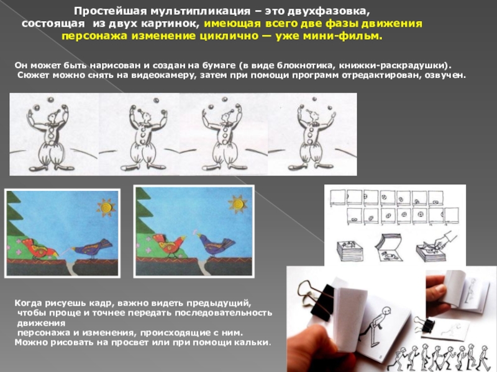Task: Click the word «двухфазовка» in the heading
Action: click(x=329, y=11)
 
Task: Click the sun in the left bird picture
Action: click(x=106, y=208)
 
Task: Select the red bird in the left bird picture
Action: click(x=39, y=247)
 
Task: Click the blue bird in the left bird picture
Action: click(x=93, y=248)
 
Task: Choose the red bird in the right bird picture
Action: click(x=170, y=244)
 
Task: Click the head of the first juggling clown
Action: click(x=52, y=117)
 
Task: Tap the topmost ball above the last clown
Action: click(x=314, y=99)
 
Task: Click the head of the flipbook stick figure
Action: click(x=385, y=311)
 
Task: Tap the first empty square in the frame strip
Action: click(x=337, y=197)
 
